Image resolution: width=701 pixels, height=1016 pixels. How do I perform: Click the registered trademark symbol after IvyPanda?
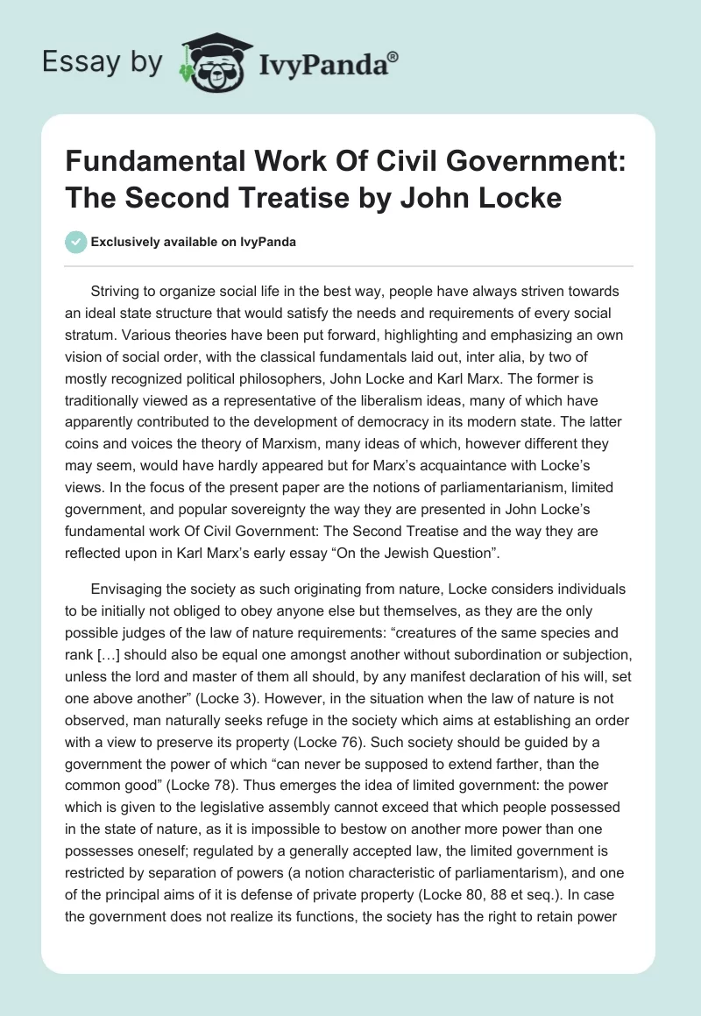pos(394,57)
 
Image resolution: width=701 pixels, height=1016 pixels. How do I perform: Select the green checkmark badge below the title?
pos(76,242)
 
